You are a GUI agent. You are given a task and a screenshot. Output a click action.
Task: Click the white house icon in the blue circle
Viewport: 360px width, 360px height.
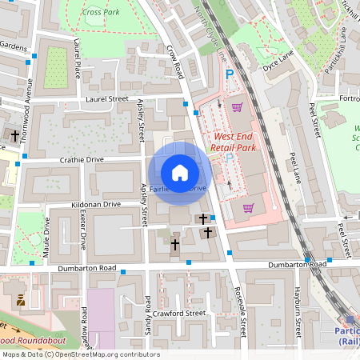pos(180,172)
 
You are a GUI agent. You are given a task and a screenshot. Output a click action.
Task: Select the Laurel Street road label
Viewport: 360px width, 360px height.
pos(106,99)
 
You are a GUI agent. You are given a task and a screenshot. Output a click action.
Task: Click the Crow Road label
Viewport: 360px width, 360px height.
pos(175,61)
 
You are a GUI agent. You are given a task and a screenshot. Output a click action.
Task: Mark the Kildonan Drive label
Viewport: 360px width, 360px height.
pos(95,205)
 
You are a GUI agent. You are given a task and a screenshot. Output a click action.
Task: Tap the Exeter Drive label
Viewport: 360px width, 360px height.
pos(82,231)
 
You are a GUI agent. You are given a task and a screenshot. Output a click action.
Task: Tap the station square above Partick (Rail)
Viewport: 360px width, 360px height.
pos(350,319)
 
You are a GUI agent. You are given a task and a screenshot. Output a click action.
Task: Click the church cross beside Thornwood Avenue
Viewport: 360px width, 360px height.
pos(14,135)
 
